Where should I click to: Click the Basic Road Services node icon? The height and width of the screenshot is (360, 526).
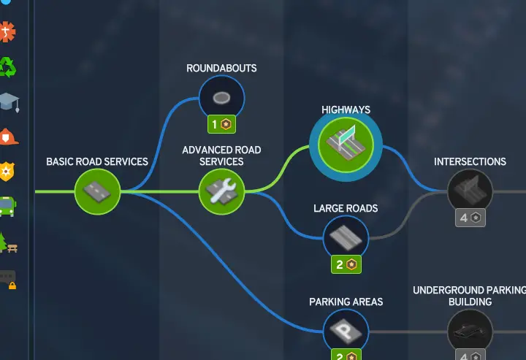point(97,192)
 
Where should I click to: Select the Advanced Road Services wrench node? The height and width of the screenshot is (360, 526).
point(222,192)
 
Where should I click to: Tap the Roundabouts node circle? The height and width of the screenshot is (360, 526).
point(222,98)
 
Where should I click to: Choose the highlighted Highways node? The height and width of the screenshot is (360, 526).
point(346,145)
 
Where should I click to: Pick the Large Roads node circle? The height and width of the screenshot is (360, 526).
point(346,238)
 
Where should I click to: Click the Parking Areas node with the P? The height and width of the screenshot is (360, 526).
point(346,332)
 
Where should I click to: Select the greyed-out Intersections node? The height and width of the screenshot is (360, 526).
point(470,192)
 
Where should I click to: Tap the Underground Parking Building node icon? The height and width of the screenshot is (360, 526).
point(470,332)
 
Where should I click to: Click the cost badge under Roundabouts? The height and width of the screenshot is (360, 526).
point(222,124)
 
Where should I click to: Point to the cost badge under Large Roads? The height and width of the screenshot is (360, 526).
point(346,264)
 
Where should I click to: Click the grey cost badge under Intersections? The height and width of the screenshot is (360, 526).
point(470,218)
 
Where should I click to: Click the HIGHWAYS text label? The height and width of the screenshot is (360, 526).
point(346,110)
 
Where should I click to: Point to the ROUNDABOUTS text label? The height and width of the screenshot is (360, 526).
point(222,69)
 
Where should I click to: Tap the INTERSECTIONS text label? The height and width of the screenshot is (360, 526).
point(470,162)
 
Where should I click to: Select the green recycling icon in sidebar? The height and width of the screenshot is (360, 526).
point(7,67)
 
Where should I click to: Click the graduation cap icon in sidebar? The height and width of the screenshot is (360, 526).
point(9,102)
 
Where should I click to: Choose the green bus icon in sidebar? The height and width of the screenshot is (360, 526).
point(7,207)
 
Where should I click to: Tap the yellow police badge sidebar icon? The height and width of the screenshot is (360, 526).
point(7,172)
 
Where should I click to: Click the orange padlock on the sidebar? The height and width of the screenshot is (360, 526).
point(12,286)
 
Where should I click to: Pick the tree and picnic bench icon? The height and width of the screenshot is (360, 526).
point(8,242)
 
